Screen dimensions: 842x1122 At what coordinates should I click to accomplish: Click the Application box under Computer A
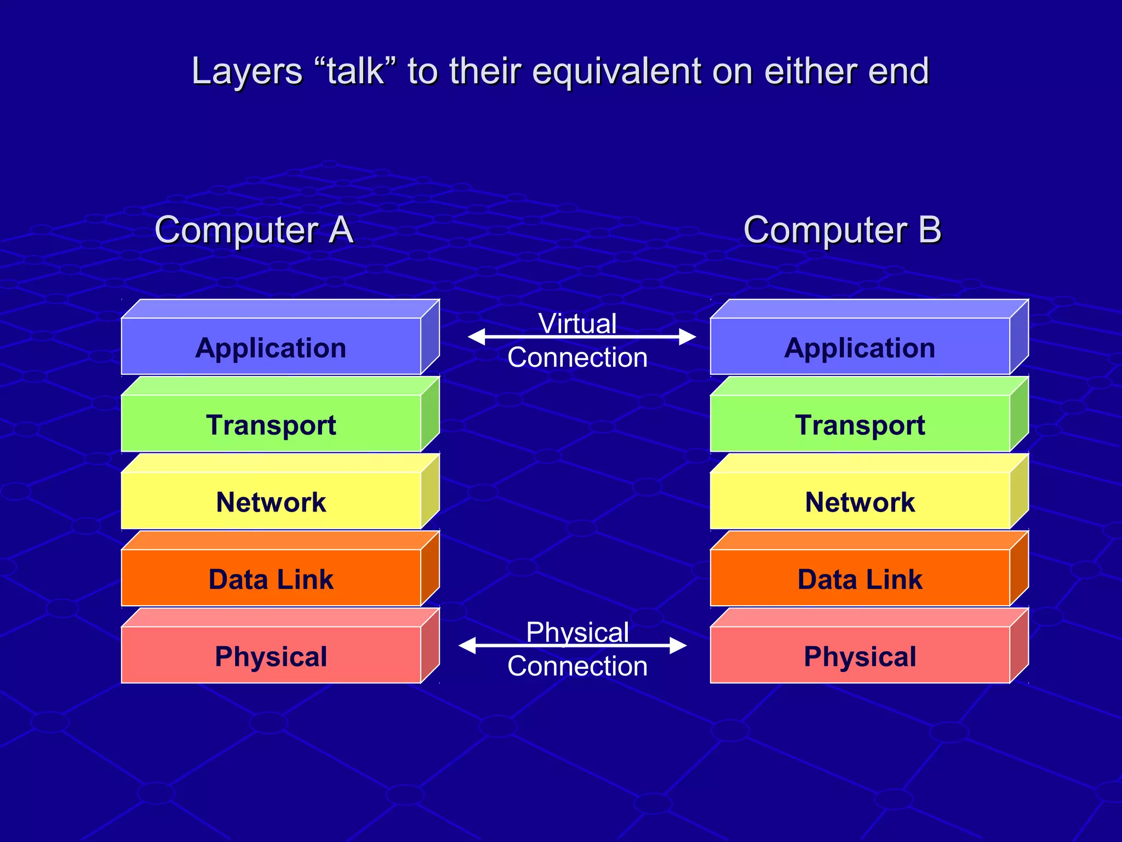click(271, 347)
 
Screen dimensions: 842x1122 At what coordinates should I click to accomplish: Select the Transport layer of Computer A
click(271, 424)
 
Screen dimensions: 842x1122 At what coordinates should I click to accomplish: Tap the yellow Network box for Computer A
click(271, 502)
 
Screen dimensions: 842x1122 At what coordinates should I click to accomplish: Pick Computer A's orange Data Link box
click(271, 579)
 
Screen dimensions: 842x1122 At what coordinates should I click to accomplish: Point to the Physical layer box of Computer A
click(271, 656)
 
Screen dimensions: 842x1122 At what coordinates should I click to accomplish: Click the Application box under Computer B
click(860, 347)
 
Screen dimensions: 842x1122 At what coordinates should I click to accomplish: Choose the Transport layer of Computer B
click(860, 424)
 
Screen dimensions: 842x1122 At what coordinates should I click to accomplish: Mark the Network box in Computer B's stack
click(860, 502)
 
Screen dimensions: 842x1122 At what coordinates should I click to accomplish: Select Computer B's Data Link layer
click(860, 579)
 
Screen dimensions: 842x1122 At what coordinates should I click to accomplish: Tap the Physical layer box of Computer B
click(860, 656)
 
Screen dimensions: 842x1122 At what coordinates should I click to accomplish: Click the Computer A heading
click(254, 229)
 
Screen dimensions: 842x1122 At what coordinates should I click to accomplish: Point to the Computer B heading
click(842, 229)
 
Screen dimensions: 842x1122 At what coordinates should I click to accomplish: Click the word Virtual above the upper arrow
click(577, 323)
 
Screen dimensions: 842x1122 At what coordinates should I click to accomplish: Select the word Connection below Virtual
click(577, 357)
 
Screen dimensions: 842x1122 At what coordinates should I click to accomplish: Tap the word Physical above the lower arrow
click(577, 632)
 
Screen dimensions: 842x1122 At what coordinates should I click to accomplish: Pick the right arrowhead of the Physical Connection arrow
click(679, 646)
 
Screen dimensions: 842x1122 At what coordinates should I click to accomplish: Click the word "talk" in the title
click(355, 71)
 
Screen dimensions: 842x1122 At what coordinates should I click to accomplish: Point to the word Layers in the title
click(247, 71)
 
